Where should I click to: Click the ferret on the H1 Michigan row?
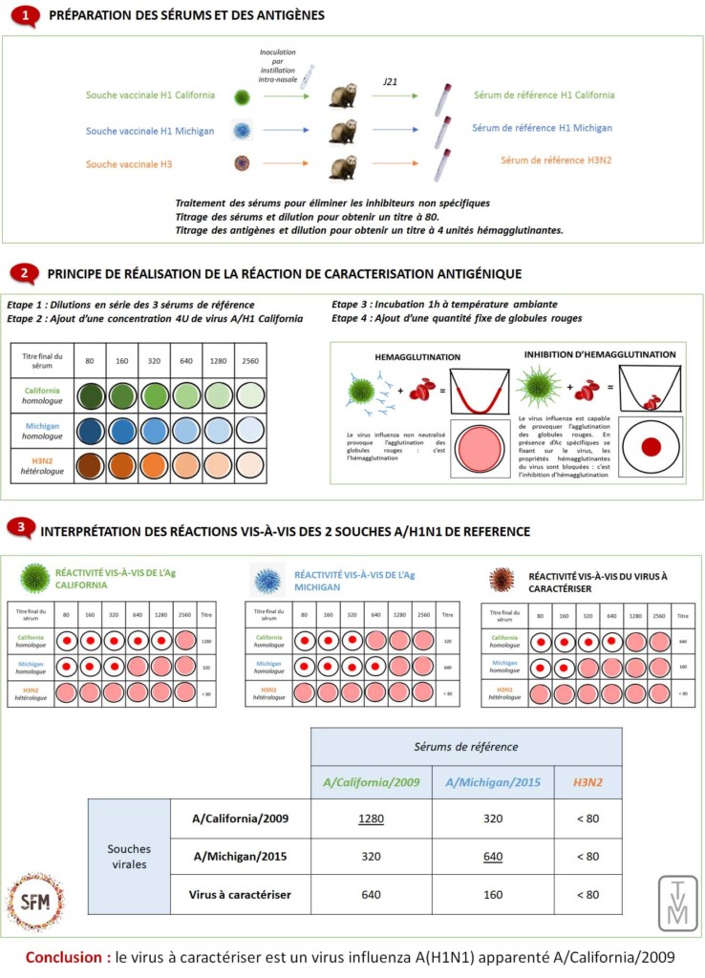coord(342,131)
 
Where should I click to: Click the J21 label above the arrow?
coord(390,84)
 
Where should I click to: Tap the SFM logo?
coord(36,900)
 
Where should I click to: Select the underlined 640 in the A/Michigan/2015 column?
coord(493,856)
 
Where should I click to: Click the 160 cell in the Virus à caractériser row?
coord(493,894)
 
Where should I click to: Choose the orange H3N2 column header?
coord(587,782)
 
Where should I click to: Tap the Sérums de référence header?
coord(465,745)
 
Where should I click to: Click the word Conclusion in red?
coord(64,956)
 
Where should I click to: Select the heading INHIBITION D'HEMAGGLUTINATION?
coord(600,354)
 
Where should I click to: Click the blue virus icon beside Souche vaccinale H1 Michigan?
coord(241,131)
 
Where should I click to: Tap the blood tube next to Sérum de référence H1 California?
coord(443,97)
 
